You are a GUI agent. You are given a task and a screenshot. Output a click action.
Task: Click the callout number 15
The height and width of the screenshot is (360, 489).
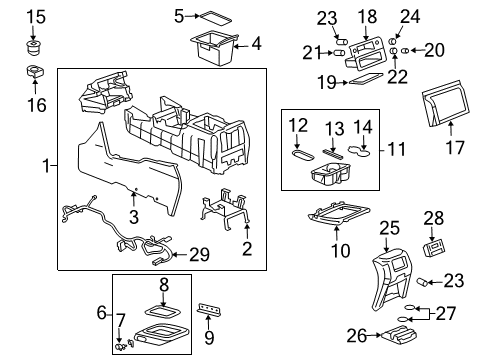35,16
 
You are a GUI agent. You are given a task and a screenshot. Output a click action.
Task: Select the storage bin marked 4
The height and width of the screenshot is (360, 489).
214,49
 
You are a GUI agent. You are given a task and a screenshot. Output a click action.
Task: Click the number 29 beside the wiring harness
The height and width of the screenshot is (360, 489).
200,255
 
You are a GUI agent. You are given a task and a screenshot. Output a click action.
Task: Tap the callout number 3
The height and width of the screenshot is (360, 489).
133,226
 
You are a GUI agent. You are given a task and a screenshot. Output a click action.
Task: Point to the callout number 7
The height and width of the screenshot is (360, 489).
122,319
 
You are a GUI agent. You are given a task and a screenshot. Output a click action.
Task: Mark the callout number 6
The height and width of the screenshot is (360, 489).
102,313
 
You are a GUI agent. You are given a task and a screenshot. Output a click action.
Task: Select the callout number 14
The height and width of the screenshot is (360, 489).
364,126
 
